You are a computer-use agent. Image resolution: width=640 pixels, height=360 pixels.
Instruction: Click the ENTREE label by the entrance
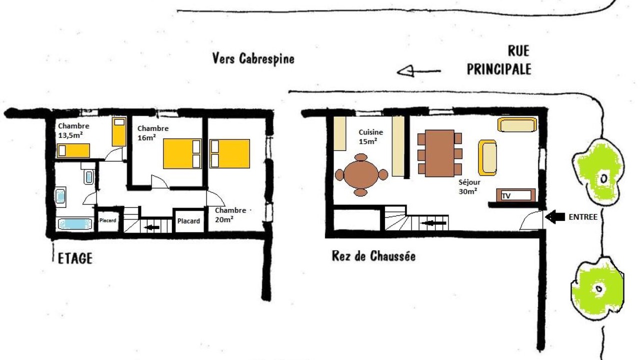tap(583, 217)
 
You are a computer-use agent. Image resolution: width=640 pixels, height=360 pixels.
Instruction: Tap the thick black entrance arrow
tap(555, 217)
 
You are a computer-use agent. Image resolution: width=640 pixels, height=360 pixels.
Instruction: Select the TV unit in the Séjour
tap(515, 195)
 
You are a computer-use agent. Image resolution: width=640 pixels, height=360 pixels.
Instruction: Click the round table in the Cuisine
tap(361, 175)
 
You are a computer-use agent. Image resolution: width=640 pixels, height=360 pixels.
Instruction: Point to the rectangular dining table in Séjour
tap(439, 153)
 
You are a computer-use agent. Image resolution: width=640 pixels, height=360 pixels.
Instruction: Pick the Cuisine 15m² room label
tap(370, 136)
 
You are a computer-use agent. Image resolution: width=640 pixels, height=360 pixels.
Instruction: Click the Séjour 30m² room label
tap(469, 186)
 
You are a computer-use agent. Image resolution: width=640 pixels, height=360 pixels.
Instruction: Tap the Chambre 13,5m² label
tap(73, 130)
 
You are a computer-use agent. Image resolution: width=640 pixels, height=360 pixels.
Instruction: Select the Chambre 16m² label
tap(153, 133)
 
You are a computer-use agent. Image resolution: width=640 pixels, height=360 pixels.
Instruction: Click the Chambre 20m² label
tap(230, 214)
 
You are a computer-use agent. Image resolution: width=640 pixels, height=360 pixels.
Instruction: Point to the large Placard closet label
tap(188, 221)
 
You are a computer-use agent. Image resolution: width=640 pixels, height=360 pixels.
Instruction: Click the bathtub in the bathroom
tap(75, 223)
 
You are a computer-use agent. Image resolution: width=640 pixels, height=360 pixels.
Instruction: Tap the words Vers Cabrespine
tap(253, 59)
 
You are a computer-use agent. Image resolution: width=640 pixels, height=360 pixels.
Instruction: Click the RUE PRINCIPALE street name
tap(499, 60)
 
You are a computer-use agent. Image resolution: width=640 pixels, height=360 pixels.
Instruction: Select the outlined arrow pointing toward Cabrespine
tap(419, 71)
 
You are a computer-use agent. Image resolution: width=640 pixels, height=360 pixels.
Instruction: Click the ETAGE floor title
tap(75, 258)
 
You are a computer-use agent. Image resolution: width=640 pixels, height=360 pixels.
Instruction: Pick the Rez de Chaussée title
tap(373, 256)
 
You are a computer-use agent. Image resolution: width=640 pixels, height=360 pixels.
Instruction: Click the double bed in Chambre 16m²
tap(182, 153)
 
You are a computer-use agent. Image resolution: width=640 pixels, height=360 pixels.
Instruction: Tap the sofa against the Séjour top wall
tap(517, 124)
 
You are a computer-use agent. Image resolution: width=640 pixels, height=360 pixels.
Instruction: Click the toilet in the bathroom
tap(88, 175)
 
